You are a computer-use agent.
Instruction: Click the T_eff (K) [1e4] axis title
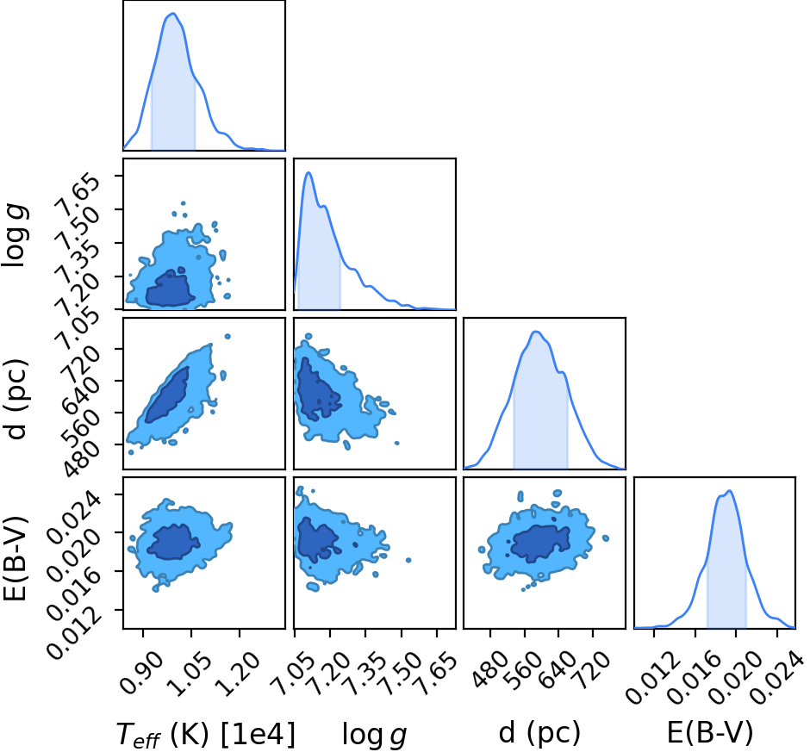pos(206,734)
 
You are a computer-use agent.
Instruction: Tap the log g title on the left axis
pos(16,235)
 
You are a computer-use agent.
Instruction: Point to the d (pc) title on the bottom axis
pos(539,733)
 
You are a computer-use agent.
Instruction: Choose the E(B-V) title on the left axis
pos(15,558)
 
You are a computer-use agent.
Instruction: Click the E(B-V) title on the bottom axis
pos(710,732)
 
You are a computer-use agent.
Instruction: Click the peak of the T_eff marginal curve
pos(173,14)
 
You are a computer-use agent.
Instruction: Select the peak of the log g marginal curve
pos(308,172)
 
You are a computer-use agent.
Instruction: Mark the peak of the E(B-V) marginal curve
pos(729,491)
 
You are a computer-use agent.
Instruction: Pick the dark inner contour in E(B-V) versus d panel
pos(539,544)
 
